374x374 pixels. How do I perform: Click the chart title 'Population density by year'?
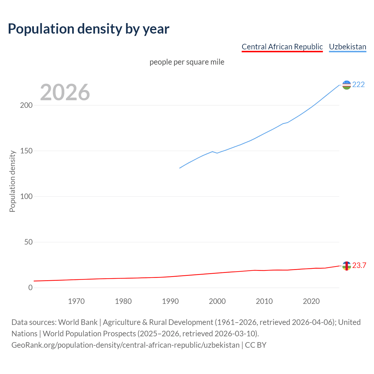(89, 29)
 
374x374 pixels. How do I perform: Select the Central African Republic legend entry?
(282, 47)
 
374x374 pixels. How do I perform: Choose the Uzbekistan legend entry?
(347, 47)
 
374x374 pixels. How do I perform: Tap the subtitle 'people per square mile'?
(187, 62)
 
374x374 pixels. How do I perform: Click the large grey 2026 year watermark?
(65, 92)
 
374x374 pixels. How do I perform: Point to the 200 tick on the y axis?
(26, 105)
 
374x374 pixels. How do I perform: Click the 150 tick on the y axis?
(26, 151)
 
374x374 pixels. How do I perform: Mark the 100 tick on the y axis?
(26, 197)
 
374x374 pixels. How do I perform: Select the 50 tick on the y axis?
(28, 242)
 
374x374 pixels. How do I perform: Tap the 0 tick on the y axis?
(30, 288)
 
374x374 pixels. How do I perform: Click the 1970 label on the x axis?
(76, 301)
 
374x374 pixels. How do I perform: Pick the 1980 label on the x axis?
(123, 301)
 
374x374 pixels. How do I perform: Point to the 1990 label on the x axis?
(170, 301)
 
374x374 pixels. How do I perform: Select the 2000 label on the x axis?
(217, 301)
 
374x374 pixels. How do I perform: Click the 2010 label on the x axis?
(264, 301)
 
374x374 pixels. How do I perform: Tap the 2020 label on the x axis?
(311, 301)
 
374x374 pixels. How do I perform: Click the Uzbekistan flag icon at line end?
(347, 85)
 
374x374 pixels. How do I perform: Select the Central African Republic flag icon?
(347, 266)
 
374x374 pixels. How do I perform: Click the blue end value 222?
(359, 85)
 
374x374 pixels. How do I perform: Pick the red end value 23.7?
(359, 266)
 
